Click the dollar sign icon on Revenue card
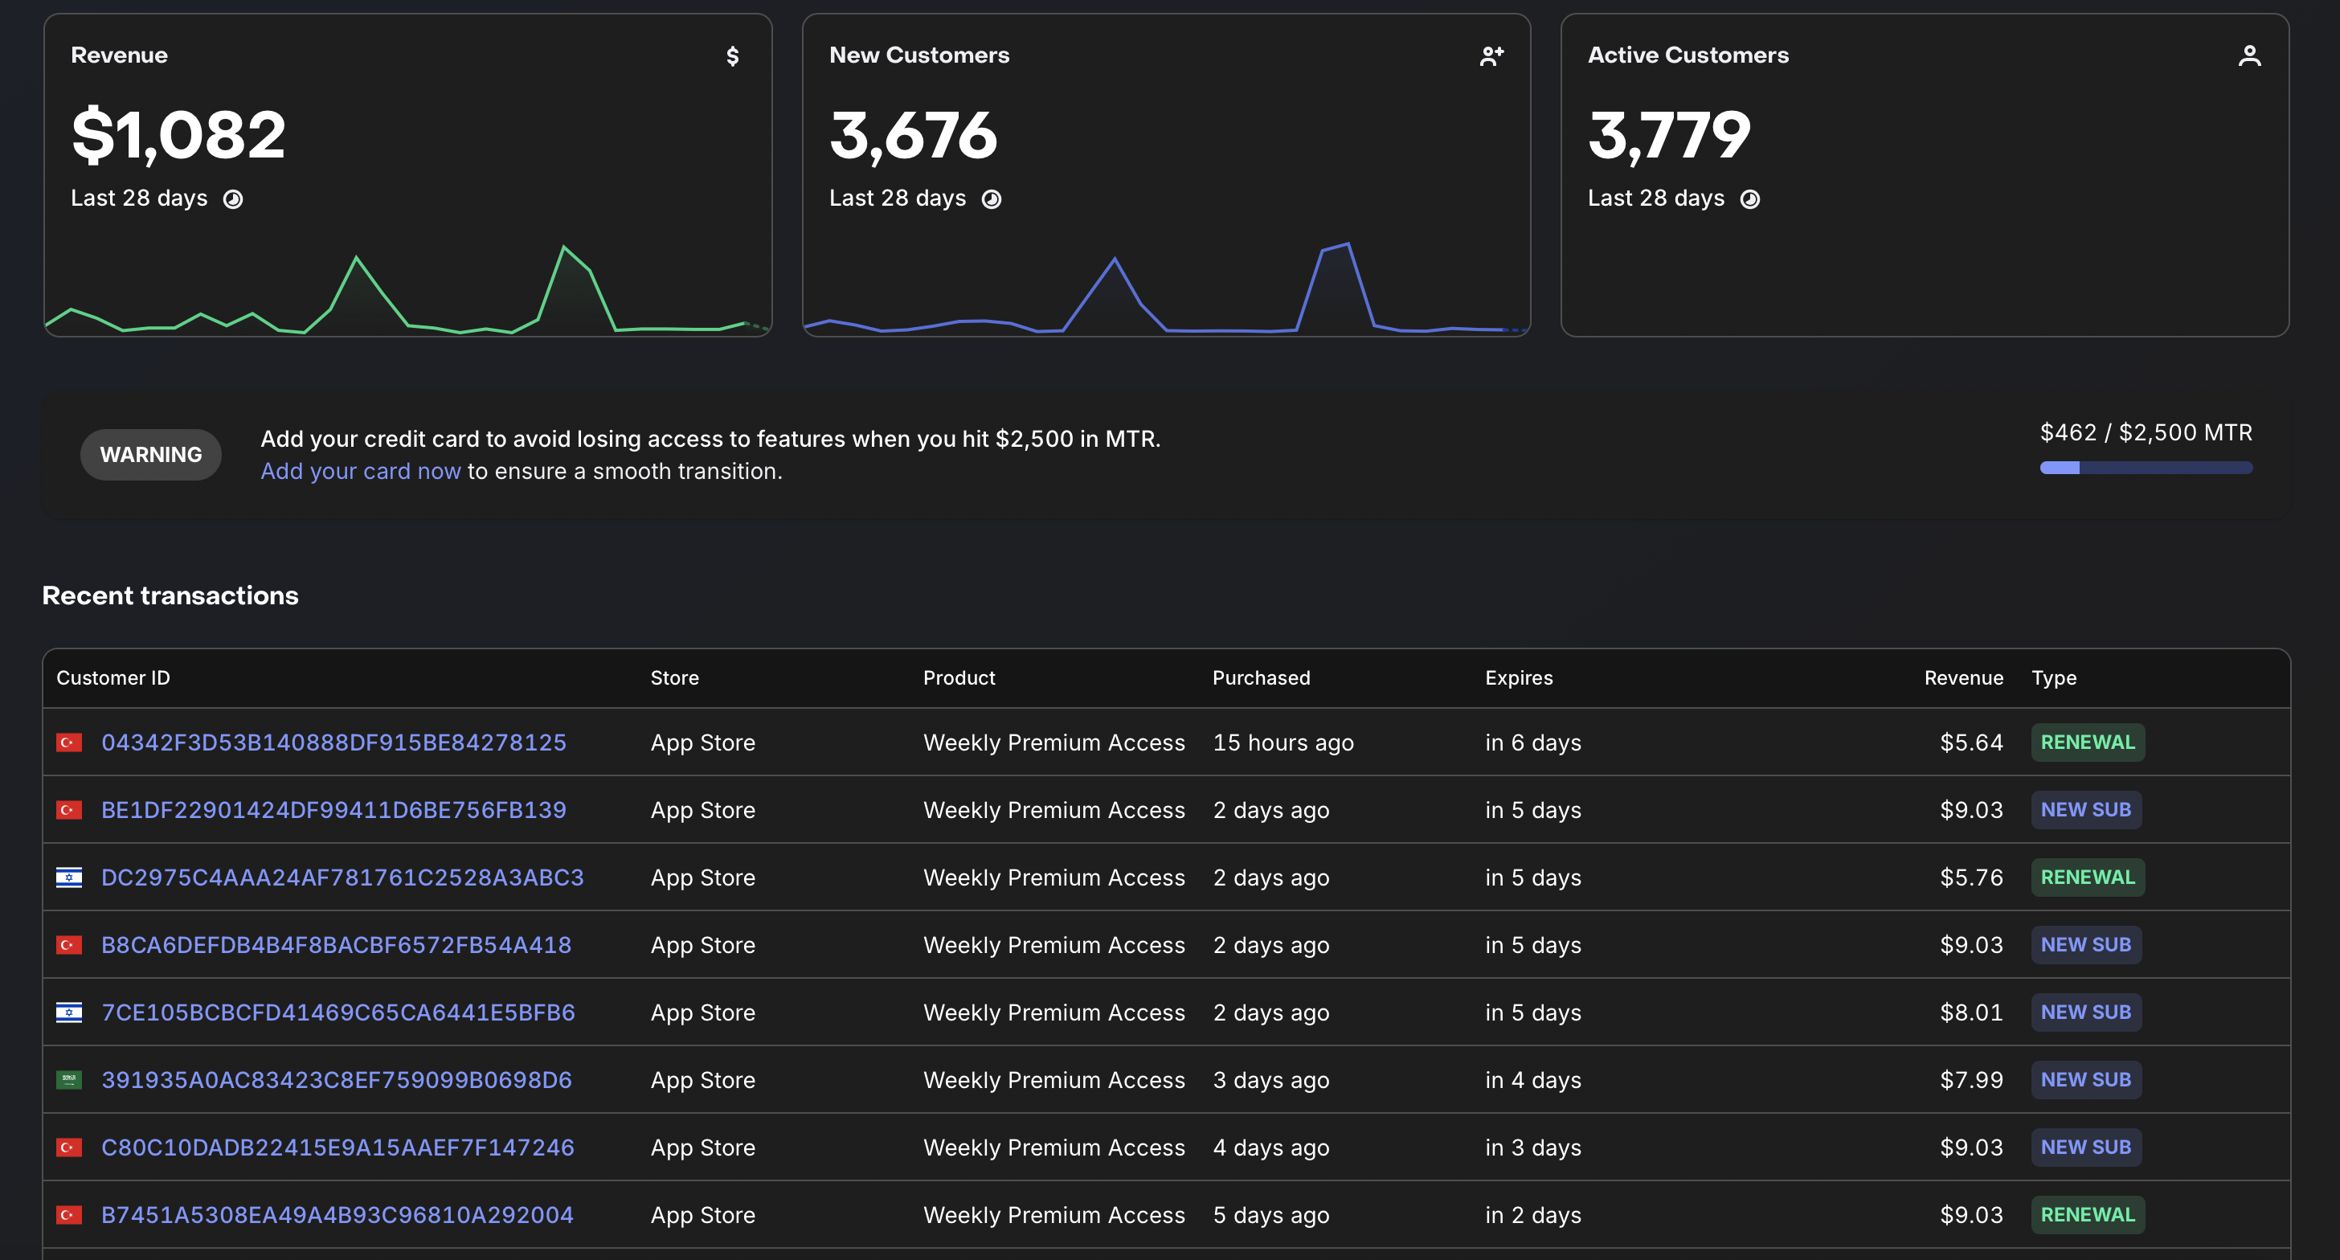[732, 56]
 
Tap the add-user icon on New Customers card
[1491, 56]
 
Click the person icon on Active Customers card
[2249, 56]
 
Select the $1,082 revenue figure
[179, 134]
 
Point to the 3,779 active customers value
[1669, 134]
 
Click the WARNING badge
[151, 454]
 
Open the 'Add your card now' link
[361, 472]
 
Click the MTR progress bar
[2146, 468]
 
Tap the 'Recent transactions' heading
[170, 595]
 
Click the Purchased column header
[1261, 677]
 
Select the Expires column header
[1519, 677]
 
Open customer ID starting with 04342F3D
[333, 742]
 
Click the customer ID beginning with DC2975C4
[342, 877]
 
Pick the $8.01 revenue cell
[1971, 1012]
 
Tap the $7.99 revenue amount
[1971, 1079]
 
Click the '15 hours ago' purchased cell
[1282, 742]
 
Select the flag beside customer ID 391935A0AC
[69, 1079]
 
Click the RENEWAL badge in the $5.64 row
[2088, 742]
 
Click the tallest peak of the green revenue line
[564, 246]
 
